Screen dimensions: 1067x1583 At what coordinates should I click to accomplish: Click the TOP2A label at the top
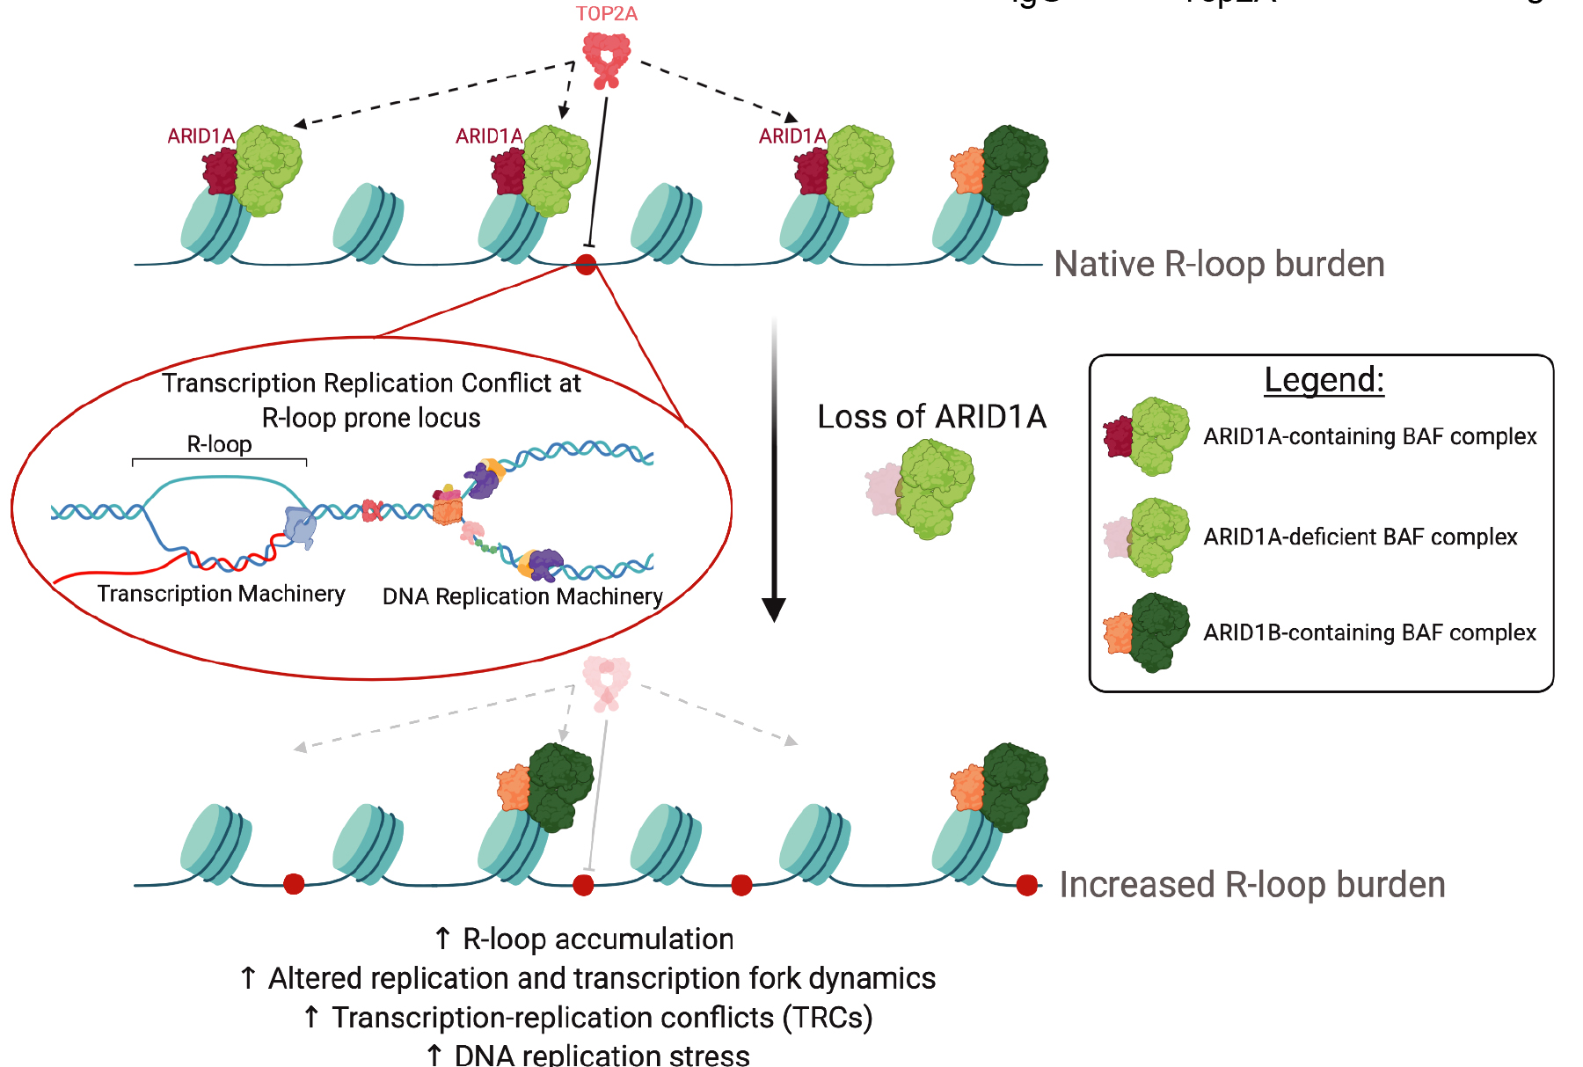(606, 14)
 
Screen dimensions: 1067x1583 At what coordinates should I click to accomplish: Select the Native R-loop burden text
(1219, 264)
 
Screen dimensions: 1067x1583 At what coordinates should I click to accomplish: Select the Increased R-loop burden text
(1251, 884)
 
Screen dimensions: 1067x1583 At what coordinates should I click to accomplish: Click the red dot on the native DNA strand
(586, 264)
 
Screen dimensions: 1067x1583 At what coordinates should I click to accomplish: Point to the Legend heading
(1324, 380)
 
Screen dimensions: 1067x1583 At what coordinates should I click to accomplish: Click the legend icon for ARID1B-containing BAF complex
(1147, 632)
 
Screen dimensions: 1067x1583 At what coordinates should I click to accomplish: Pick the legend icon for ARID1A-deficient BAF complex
(1147, 537)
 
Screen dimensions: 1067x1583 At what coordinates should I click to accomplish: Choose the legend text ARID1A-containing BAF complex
(1369, 436)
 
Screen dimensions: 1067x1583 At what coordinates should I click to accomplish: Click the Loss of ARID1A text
(931, 416)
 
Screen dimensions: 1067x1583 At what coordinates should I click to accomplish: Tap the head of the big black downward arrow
(774, 609)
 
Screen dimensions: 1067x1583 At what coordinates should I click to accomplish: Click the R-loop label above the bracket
(219, 444)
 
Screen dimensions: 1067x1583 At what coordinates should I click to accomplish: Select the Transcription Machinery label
(221, 594)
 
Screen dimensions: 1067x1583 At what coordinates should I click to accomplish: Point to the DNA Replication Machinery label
(522, 596)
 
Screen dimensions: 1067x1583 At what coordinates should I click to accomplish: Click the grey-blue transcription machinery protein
(300, 527)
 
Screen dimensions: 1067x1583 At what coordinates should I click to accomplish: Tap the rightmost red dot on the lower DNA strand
(1026, 885)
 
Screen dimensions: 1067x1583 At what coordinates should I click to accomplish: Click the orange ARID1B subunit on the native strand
(967, 172)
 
